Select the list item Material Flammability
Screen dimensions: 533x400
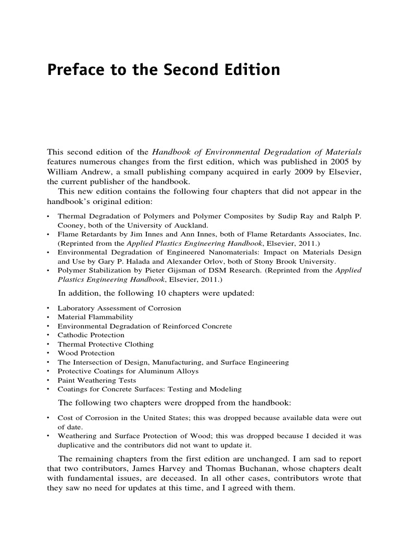pos(95,317)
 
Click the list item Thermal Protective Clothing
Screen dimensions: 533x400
pos(105,344)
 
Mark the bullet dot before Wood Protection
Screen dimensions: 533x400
pos(48,353)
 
